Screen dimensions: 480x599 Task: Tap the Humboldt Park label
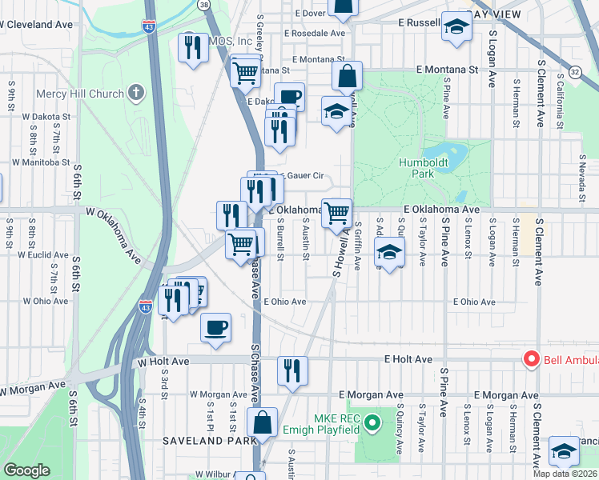click(x=422, y=168)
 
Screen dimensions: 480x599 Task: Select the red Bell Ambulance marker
click(x=530, y=360)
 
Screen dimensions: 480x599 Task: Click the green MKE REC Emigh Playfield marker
click(x=371, y=422)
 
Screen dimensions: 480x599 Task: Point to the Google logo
click(x=26, y=470)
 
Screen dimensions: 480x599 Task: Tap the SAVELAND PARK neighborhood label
click(x=210, y=440)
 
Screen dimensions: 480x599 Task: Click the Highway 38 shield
click(x=205, y=5)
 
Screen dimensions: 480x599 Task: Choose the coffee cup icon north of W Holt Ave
click(x=215, y=327)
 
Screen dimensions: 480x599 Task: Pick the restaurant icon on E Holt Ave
click(x=292, y=370)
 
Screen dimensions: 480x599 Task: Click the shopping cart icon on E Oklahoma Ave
click(x=337, y=212)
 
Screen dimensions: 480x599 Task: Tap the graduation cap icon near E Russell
click(x=456, y=27)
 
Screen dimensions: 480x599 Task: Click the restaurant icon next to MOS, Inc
click(x=193, y=48)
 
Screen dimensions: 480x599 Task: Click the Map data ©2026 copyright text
click(x=565, y=474)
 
